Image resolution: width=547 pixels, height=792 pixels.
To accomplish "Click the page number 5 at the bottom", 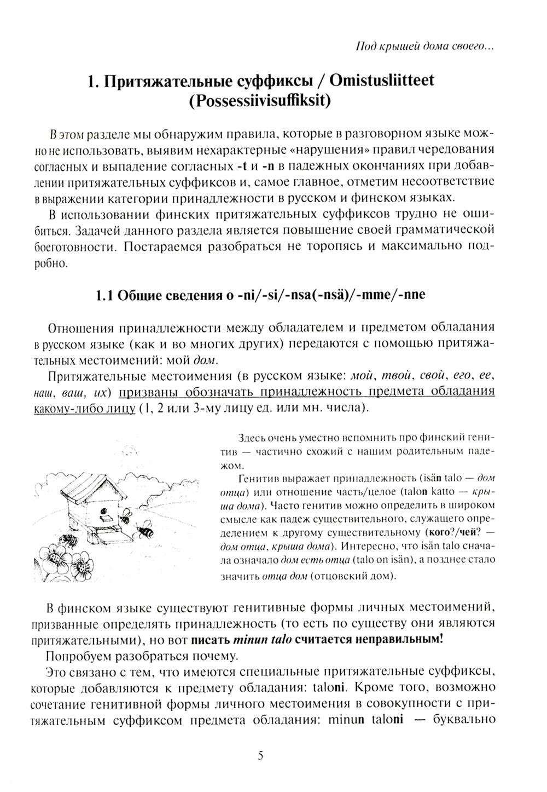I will [260, 756].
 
